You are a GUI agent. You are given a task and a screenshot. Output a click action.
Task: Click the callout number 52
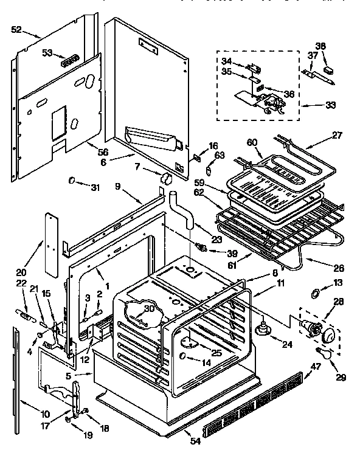(x=16, y=29)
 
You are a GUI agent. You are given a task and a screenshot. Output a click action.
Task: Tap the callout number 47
(x=316, y=366)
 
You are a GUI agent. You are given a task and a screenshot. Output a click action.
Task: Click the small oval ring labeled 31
(x=72, y=181)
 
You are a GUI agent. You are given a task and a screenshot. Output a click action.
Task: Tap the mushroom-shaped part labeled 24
(x=265, y=329)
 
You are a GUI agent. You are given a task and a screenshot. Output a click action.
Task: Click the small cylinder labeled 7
(x=164, y=179)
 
